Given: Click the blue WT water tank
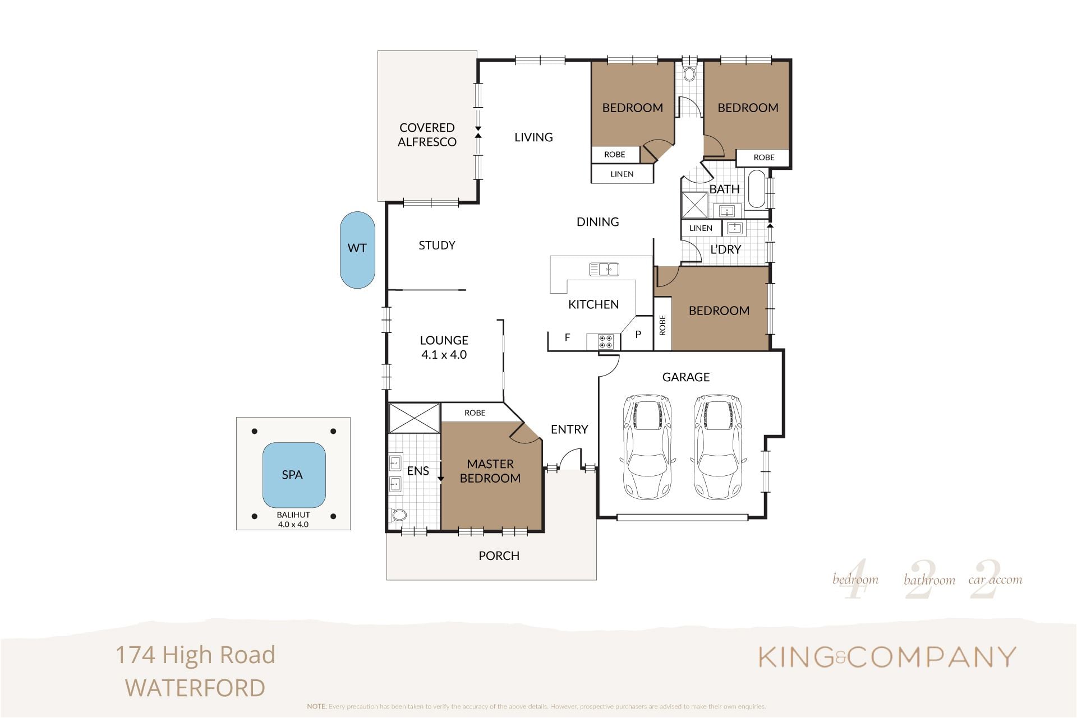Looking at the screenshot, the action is coord(357,250).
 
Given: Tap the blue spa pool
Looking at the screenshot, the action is coord(294,475).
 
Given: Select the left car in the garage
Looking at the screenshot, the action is coord(647,447).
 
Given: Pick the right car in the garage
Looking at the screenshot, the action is coord(719,447).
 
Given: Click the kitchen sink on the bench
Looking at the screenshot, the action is coord(604,270).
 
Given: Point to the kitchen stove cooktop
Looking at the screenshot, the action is coord(605,342).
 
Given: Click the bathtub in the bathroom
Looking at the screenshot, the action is coord(757,189).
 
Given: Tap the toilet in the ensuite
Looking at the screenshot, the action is coord(398,515).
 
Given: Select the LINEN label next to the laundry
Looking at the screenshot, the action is coord(701,228).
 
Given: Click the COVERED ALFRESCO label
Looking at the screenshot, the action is coord(427,135).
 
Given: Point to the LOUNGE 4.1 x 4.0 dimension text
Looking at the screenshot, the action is coord(444,355).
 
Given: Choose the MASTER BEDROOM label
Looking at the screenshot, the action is coord(490,471).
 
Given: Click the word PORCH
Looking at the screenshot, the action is coord(499,555).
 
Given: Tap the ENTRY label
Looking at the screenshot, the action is coord(569,429).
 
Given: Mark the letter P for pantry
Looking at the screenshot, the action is coord(638,335).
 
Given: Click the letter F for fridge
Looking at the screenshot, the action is coord(567,337).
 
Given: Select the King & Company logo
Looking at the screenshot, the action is coord(887,657).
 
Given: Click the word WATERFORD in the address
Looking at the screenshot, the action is coord(195,688).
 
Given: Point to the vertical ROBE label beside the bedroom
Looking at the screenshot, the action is coord(662,325).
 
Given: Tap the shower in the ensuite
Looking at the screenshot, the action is coord(415,418).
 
